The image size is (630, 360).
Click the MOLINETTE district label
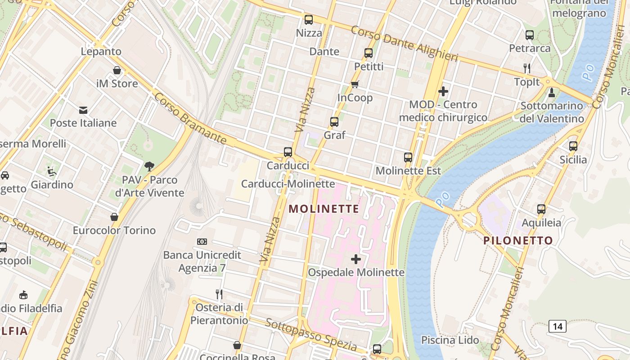[x=324, y=209]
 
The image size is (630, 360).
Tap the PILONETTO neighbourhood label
[x=518, y=240]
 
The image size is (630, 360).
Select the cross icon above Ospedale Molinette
[x=356, y=259]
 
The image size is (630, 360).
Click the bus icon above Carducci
[x=288, y=152]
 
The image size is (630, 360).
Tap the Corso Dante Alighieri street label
[x=404, y=44]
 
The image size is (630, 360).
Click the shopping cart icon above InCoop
[x=355, y=84]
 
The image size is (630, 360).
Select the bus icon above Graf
[x=334, y=121]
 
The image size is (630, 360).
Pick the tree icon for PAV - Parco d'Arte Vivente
[x=149, y=166]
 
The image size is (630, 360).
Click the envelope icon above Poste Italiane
[x=83, y=110]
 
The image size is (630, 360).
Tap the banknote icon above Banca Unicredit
[x=202, y=242]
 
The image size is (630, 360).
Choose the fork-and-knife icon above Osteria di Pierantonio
[x=219, y=294]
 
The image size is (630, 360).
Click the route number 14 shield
[x=557, y=326]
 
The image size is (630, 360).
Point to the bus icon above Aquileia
[x=541, y=209]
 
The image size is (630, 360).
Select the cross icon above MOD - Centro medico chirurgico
[x=443, y=91]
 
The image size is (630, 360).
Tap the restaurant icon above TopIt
[x=527, y=68]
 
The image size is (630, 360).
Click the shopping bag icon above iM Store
[x=117, y=70]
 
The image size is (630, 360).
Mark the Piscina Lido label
[x=450, y=340]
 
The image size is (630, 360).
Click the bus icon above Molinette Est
[x=408, y=157]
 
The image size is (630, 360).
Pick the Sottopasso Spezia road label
[x=310, y=336]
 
